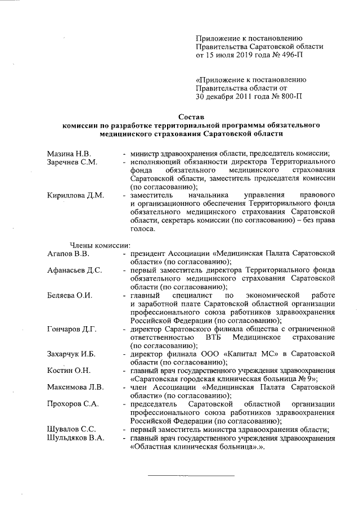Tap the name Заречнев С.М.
(x=73, y=162)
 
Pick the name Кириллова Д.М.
(x=76, y=195)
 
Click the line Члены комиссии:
(x=100, y=245)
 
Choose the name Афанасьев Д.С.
(x=75, y=271)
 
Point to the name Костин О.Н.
(x=69, y=370)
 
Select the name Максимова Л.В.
(x=76, y=387)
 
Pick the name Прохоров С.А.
(x=73, y=404)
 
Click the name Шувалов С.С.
(x=71, y=429)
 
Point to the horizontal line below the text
(x=191, y=476)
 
